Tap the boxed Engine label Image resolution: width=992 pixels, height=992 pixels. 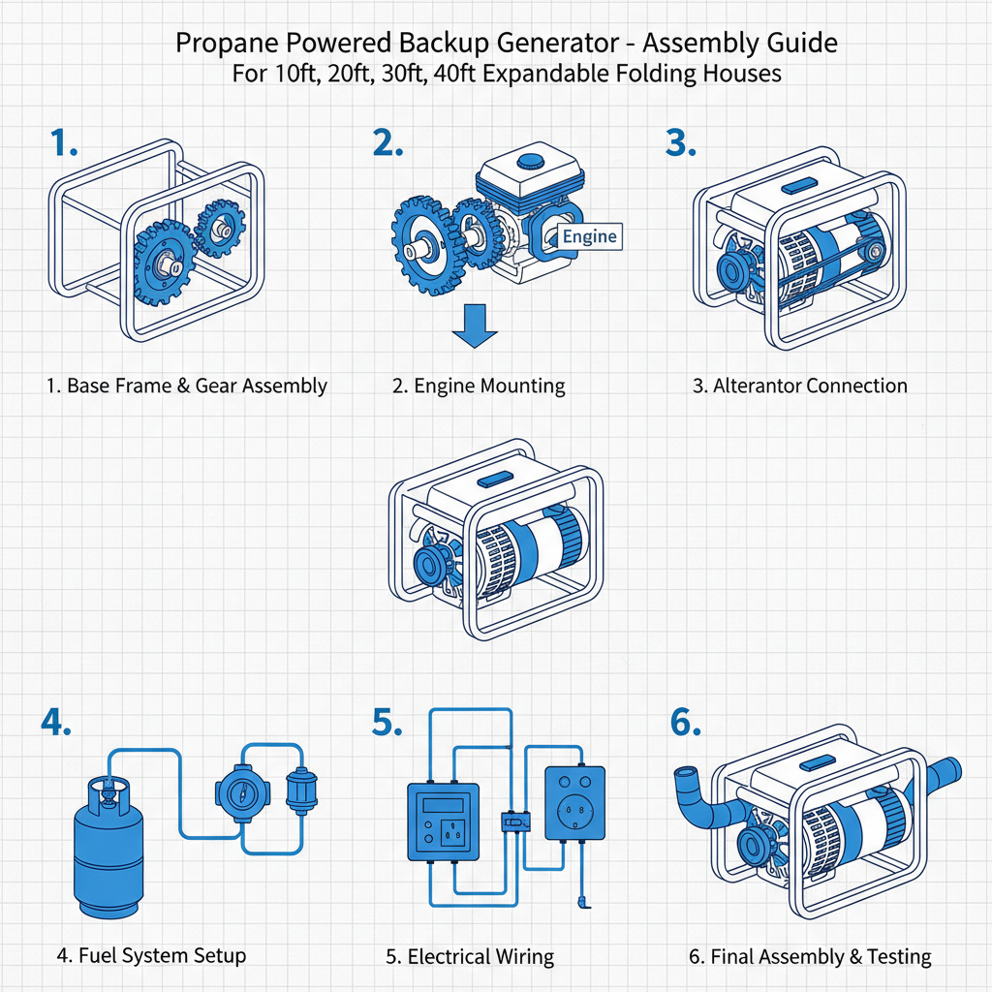pyautogui.click(x=589, y=235)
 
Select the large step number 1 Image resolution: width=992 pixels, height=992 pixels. pyautogui.click(x=64, y=143)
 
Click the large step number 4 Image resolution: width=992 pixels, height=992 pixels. pyautogui.click(x=55, y=724)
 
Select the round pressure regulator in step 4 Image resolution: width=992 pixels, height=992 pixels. pyautogui.click(x=238, y=790)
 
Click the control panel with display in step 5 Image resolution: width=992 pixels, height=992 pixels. pyautogui.click(x=443, y=821)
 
